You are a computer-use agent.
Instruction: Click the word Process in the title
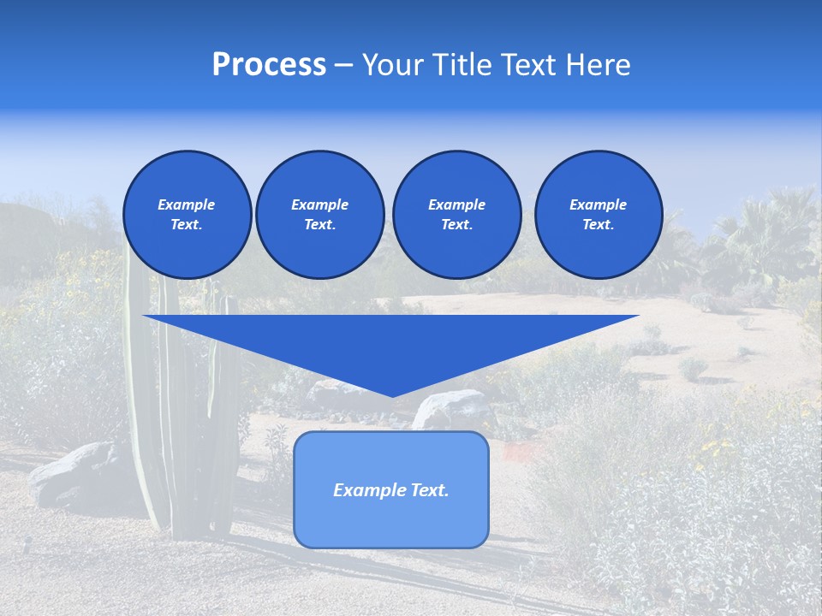269,65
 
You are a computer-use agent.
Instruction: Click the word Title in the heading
462,65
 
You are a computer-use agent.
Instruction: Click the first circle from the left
187,214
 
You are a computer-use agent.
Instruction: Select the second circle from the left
319,214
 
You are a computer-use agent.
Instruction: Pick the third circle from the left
456,214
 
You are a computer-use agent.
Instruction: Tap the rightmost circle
599,214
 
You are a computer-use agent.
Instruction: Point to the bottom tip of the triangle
391,395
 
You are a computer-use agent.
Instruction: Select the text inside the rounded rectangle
391,490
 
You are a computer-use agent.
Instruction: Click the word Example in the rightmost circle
599,204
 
